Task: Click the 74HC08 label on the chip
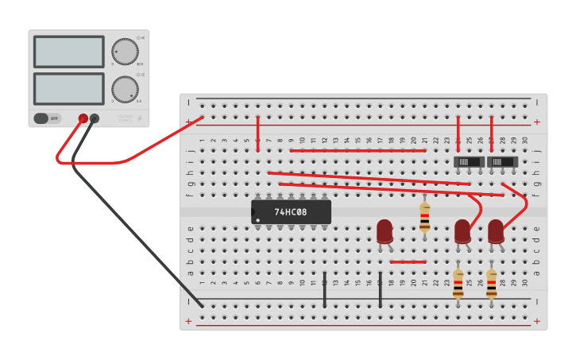coord(291,212)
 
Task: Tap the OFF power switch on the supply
coord(47,118)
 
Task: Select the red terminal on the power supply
coord(83,118)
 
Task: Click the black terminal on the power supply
coord(95,118)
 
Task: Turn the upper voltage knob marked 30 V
coord(124,52)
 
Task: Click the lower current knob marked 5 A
coord(124,89)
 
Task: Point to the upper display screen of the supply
coord(68,52)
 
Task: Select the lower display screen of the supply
coord(68,89)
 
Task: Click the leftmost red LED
coord(385,231)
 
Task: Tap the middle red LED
coord(462,231)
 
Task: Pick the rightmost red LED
coord(496,231)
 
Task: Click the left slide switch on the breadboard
coord(469,162)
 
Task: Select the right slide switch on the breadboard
coord(502,162)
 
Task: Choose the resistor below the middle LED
coord(458,284)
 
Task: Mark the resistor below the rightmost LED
coord(492,284)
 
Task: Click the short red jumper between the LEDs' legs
coord(408,261)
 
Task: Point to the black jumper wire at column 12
coord(324,289)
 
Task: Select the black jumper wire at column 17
coord(381,289)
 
